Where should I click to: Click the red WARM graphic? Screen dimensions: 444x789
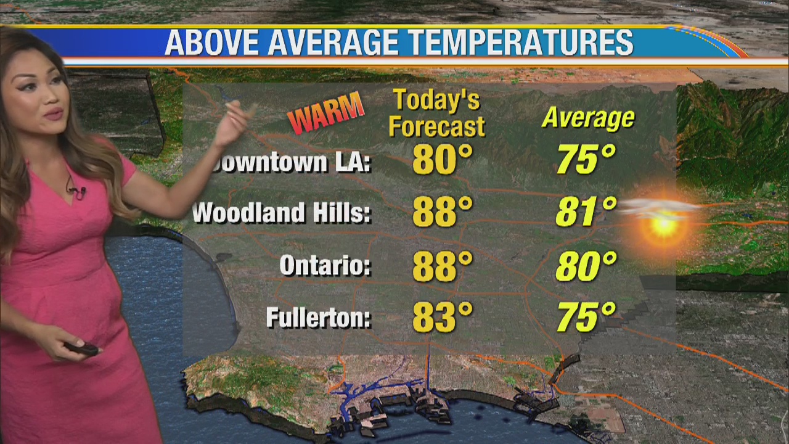[325, 112]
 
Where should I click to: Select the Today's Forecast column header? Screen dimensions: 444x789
[436, 113]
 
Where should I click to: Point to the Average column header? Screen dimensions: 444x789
[587, 117]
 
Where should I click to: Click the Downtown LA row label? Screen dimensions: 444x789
[290, 163]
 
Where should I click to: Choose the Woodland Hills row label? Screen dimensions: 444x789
[282, 213]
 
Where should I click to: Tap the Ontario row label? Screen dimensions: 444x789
[325, 266]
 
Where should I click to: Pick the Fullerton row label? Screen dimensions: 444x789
[318, 318]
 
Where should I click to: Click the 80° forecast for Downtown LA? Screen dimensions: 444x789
[442, 159]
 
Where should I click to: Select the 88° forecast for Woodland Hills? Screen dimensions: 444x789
[442, 212]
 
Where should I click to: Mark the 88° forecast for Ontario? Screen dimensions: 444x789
[442, 265]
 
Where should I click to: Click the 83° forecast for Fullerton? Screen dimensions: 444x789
[442, 317]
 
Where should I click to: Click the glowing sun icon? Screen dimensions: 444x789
[663, 225]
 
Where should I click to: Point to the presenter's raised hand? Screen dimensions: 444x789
[235, 123]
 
